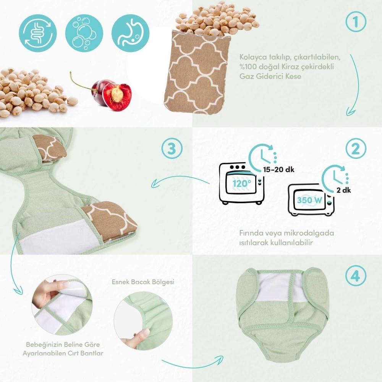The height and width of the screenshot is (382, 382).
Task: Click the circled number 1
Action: pos(356,21)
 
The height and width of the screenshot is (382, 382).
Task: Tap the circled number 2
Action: pos(356,149)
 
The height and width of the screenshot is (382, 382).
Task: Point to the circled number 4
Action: pos(356,275)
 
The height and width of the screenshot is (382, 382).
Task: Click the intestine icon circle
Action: pos(38,33)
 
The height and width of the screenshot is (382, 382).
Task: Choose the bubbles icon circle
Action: pos(84,33)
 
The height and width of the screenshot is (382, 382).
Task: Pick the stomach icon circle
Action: pos(130,33)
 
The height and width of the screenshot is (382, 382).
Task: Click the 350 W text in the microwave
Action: pos(309,200)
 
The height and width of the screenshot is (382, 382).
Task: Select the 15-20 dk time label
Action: pos(279,169)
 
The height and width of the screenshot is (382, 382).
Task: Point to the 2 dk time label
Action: pos(344,190)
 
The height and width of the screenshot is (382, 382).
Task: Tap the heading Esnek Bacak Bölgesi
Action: pos(143,282)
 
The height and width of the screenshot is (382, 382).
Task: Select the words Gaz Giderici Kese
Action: pos(270,76)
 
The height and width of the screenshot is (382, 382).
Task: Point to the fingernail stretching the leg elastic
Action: pos(146,331)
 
